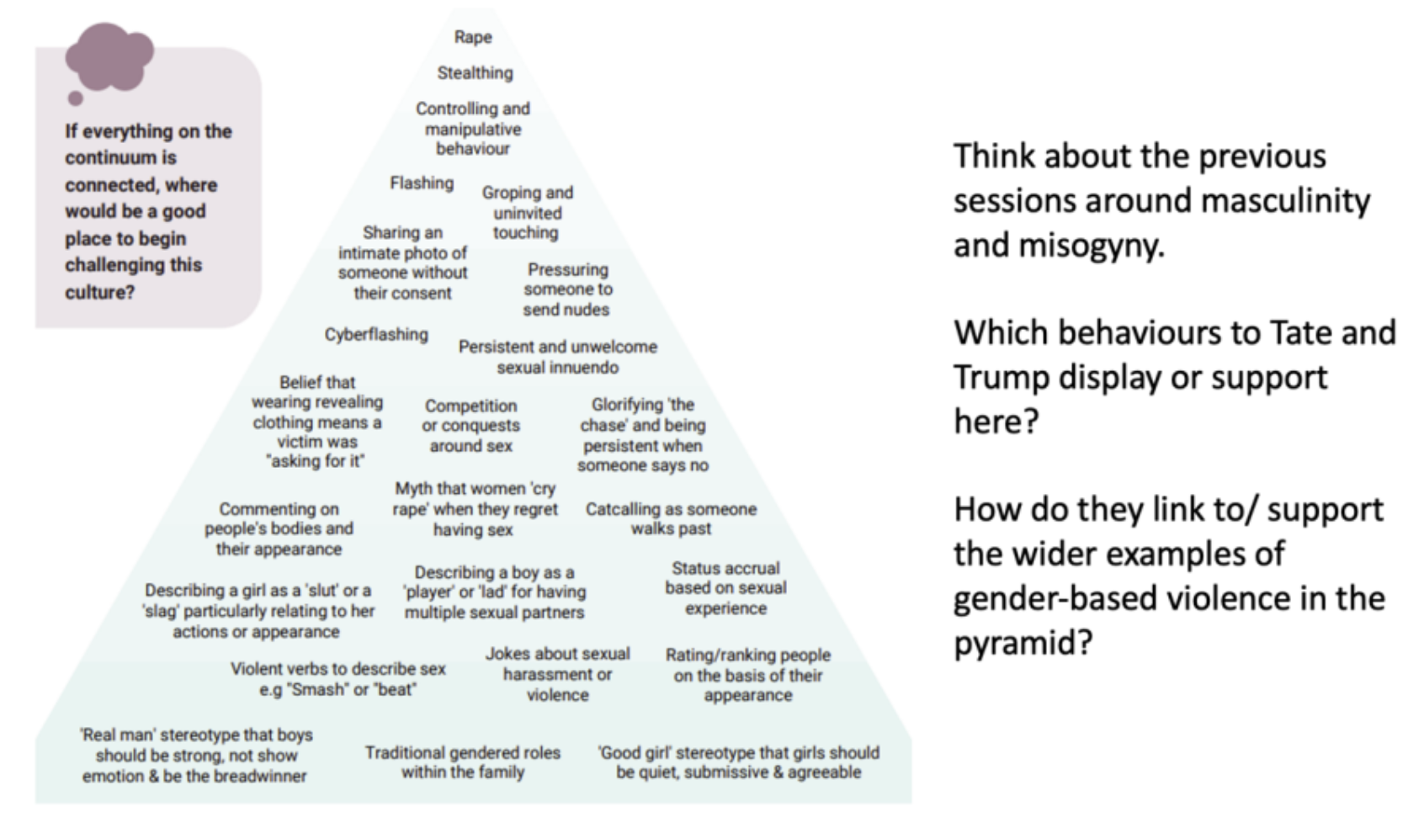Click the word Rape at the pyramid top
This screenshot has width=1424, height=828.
pos(473,38)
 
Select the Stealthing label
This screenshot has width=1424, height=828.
pos(475,73)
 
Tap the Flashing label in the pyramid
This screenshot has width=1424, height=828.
pos(422,183)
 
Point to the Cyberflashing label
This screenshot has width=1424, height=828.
pos(376,335)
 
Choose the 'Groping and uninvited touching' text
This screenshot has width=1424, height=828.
pos(527,213)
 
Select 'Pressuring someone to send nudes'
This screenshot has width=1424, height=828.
pos(567,289)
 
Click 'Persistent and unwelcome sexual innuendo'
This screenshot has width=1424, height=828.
pos(557,357)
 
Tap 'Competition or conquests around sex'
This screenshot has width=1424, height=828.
pos(470,426)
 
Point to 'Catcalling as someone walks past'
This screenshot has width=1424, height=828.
pos(671,518)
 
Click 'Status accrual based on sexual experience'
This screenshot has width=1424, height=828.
pos(725,588)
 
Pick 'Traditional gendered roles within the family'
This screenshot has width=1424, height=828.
pos(463,762)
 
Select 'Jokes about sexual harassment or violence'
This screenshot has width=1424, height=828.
pos(557,674)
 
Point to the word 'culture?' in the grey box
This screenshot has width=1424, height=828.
pos(100,292)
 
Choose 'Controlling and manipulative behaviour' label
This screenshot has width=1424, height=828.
pos(473,129)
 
